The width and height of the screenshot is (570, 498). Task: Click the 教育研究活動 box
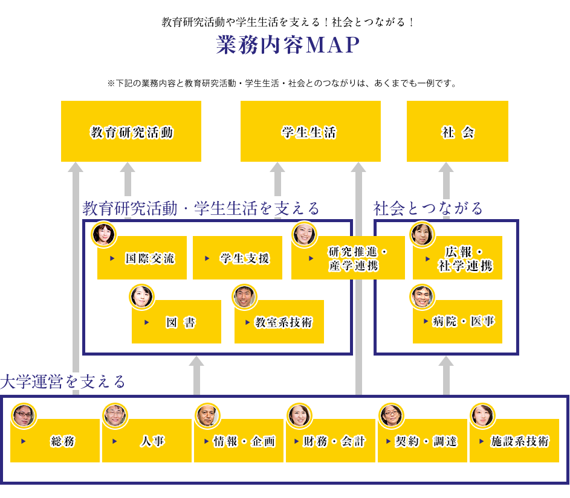click(x=131, y=132)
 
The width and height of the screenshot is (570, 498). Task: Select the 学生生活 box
click(x=310, y=132)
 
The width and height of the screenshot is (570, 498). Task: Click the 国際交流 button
click(x=142, y=258)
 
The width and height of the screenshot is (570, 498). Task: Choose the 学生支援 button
click(x=238, y=258)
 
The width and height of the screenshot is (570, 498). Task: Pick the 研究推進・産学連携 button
click(x=348, y=258)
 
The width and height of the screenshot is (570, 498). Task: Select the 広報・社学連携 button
click(x=458, y=258)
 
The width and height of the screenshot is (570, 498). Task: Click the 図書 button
click(x=177, y=322)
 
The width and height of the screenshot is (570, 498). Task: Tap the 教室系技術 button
click(x=279, y=322)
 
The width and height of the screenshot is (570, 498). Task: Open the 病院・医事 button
click(x=458, y=321)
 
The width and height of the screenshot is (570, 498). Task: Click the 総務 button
click(x=55, y=441)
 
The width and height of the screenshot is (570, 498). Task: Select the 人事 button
click(x=147, y=441)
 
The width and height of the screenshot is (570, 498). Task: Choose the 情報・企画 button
click(x=239, y=441)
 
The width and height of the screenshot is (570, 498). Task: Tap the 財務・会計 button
click(x=331, y=441)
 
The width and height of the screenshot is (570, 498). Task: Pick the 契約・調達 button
click(x=423, y=441)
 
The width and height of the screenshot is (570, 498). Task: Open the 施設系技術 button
click(x=514, y=441)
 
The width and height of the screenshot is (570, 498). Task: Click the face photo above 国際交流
click(x=103, y=235)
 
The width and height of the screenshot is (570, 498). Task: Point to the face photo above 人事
click(x=115, y=415)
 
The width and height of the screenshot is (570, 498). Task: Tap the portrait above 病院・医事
click(x=422, y=296)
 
